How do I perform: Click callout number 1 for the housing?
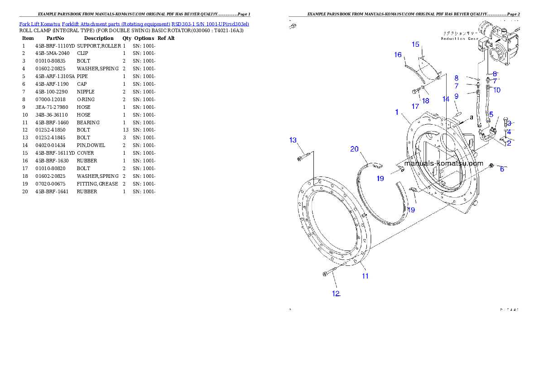coord(397,112)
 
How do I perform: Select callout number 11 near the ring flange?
coord(365,275)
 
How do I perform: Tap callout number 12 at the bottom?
coord(336,294)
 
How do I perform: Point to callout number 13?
coord(293,140)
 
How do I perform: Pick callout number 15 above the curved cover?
coord(416,44)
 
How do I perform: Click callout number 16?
coord(398,55)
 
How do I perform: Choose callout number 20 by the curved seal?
coord(354,149)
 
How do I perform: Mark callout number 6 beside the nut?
coord(502,169)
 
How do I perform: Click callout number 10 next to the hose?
coord(497,90)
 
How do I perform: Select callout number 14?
coord(446,99)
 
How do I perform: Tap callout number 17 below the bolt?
coord(415,106)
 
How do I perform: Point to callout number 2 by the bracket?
coord(509,143)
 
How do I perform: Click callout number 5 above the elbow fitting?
coord(491,114)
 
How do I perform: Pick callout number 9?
coord(456,96)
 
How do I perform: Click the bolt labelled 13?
coord(303,158)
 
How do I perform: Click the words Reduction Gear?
coord(459,39)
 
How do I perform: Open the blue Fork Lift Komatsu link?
coord(134,24)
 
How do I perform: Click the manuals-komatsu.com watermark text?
coord(443,163)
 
